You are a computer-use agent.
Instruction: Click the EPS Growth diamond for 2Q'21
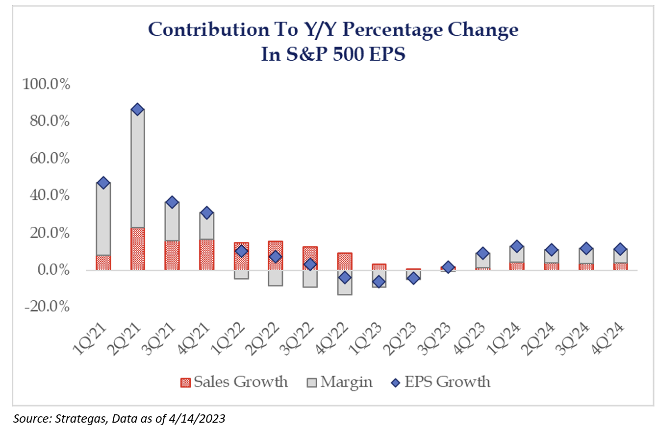pyautogui.click(x=138, y=109)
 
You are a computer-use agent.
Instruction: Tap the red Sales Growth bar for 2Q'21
pyautogui.click(x=138, y=248)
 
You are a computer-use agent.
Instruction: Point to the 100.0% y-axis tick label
pyautogui.click(x=47, y=84)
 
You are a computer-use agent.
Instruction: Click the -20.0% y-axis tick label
pyautogui.click(x=47, y=307)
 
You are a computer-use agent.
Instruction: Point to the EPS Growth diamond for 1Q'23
pyautogui.click(x=379, y=282)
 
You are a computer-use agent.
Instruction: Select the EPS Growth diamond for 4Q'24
pyautogui.click(x=620, y=249)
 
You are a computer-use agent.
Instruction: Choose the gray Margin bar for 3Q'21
pyautogui.click(x=172, y=221)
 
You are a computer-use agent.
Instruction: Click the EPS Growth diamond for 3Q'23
pyautogui.click(x=448, y=267)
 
